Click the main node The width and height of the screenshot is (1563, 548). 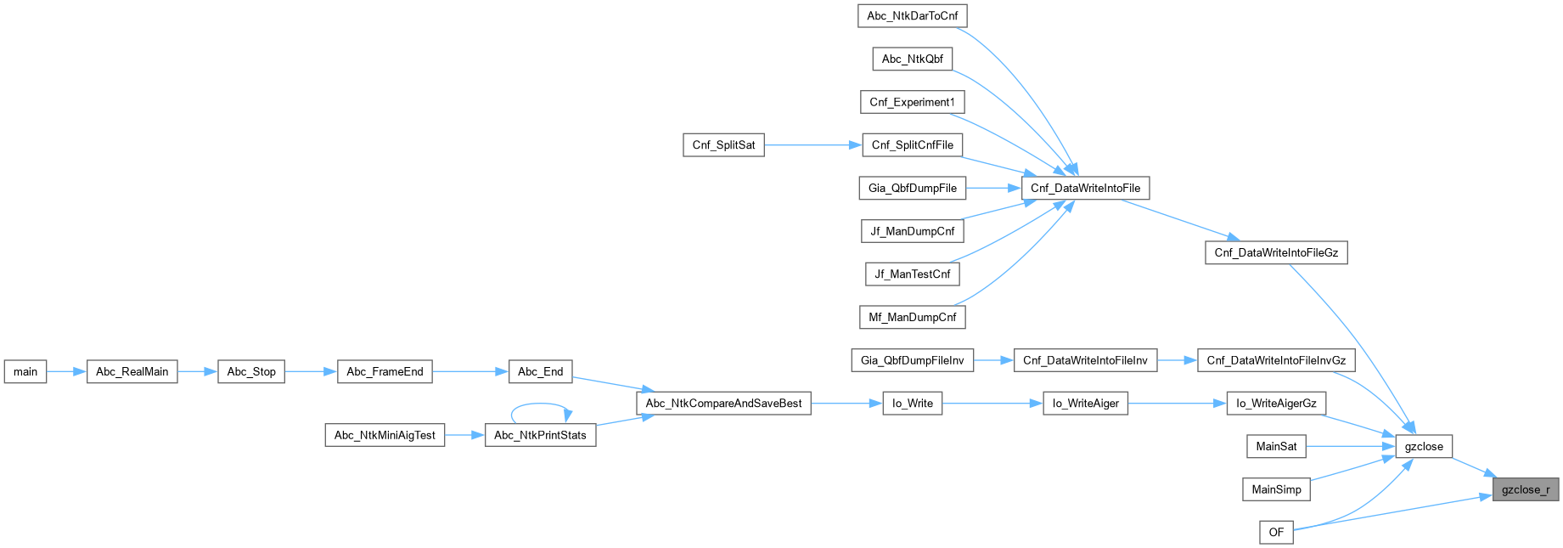(x=25, y=371)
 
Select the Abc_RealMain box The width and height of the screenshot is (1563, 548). (x=132, y=371)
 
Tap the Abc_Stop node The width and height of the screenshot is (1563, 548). (x=251, y=371)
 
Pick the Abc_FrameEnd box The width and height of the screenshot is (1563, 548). (x=385, y=371)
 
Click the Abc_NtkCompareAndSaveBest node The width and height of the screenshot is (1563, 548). (x=723, y=404)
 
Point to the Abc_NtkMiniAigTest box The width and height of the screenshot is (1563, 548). (x=385, y=435)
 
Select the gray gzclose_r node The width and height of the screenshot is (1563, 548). (x=1525, y=489)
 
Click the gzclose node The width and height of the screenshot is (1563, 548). (x=1424, y=446)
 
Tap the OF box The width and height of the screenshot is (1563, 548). (x=1276, y=532)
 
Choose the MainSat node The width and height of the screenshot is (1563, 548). (x=1276, y=446)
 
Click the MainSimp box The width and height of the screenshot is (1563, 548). (x=1276, y=489)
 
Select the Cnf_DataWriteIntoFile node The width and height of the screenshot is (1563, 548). (x=1085, y=188)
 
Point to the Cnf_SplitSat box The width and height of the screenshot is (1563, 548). (x=723, y=145)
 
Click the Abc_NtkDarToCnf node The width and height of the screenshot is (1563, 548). (x=912, y=15)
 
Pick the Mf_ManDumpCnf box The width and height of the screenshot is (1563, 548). (x=912, y=317)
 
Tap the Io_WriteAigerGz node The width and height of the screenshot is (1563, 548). (x=1276, y=404)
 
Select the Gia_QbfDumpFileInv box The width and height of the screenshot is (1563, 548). (x=912, y=360)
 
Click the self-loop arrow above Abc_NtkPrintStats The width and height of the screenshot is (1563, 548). (x=541, y=405)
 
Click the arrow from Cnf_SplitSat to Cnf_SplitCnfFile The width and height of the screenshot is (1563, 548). (x=812, y=145)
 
